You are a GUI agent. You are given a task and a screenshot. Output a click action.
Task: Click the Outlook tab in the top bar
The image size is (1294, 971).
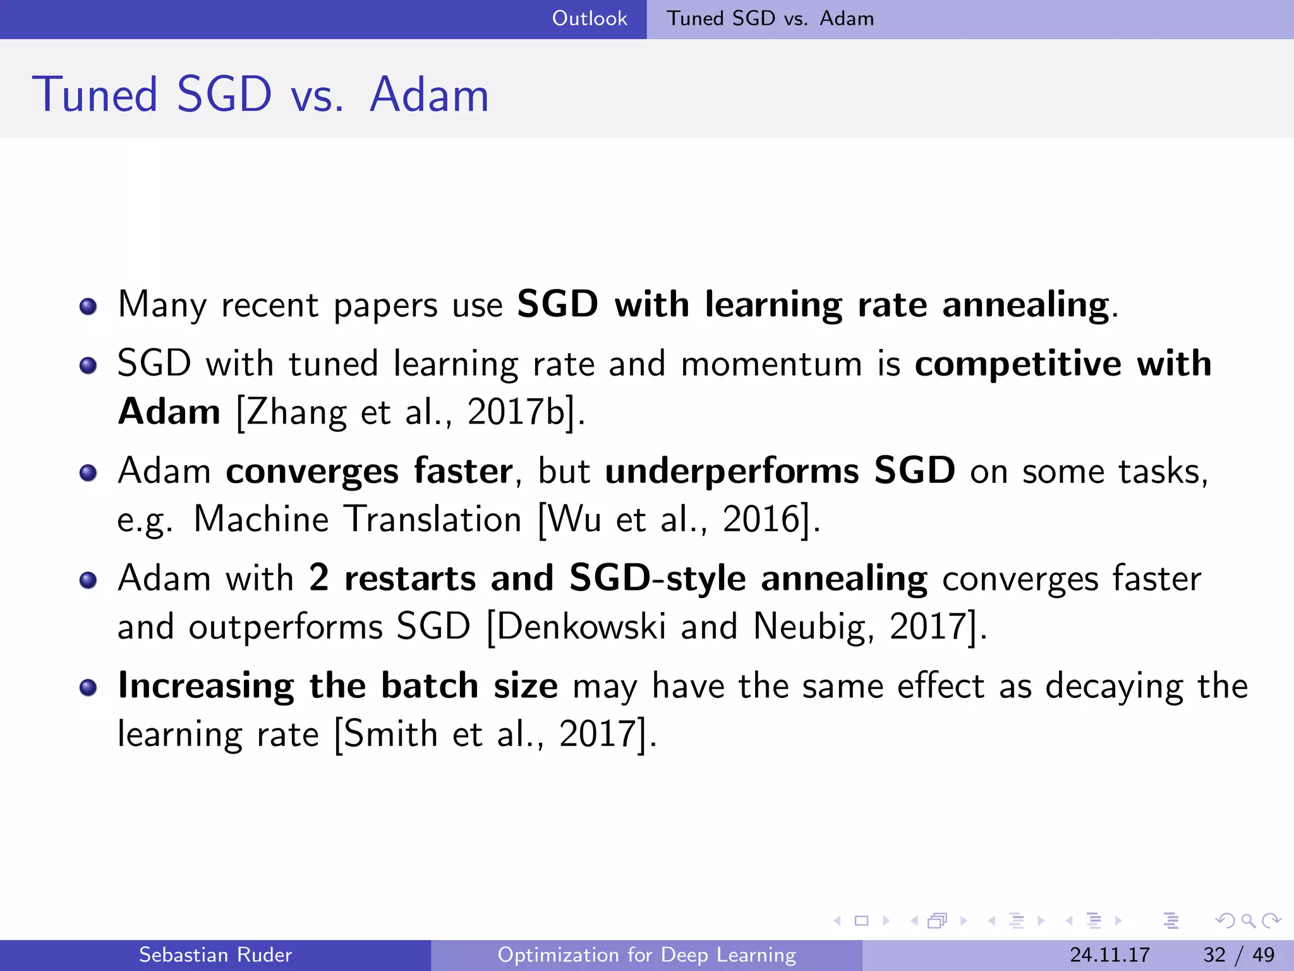click(x=590, y=18)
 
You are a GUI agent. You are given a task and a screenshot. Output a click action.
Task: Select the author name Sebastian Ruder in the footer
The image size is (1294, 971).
click(x=215, y=955)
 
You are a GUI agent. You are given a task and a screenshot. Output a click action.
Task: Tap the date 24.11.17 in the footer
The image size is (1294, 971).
click(x=1110, y=955)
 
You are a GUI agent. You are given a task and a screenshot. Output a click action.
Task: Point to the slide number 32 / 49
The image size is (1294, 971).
click(x=1238, y=955)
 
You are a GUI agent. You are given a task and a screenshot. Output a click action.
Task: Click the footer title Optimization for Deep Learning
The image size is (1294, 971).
click(x=646, y=955)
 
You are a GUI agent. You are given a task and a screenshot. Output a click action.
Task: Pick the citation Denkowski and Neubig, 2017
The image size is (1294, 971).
click(x=735, y=627)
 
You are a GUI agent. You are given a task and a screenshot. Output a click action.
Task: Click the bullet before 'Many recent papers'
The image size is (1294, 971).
click(x=88, y=307)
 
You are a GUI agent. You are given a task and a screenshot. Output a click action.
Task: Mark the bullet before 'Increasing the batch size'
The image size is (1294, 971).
click(x=88, y=688)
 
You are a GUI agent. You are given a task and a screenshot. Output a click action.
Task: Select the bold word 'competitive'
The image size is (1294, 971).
click(x=1017, y=365)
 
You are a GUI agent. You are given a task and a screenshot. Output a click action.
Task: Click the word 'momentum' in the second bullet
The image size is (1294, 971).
click(x=771, y=365)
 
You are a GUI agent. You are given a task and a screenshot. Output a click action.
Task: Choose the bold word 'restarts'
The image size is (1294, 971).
click(x=409, y=579)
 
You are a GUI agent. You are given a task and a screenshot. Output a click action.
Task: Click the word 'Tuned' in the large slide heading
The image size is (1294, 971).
click(x=95, y=95)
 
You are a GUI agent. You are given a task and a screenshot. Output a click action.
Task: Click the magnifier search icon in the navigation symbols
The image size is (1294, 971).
click(x=1248, y=920)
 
